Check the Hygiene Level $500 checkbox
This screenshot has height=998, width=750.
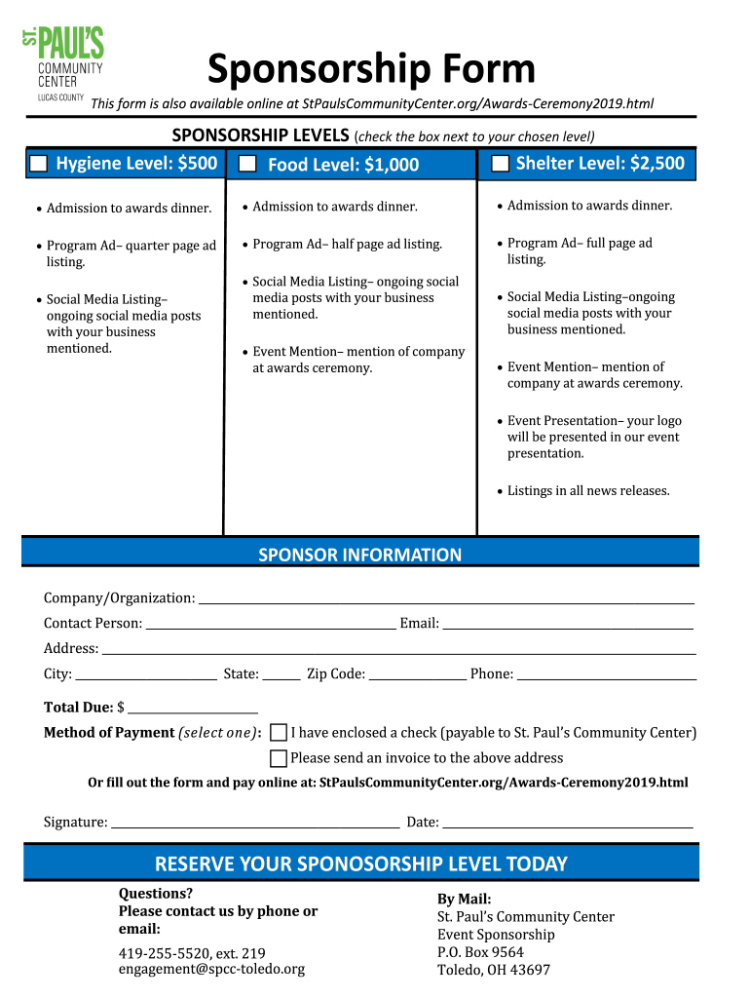click(38, 164)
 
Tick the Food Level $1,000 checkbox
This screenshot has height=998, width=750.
click(247, 164)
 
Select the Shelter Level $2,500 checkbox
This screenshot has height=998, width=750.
click(500, 164)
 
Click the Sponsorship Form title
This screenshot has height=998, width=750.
click(371, 69)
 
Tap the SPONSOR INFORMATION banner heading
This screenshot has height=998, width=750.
click(359, 555)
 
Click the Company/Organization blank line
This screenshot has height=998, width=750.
click(446, 598)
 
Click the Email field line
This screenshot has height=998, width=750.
click(568, 624)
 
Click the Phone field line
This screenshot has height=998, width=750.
click(606, 674)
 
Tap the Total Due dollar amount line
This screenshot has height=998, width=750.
click(193, 708)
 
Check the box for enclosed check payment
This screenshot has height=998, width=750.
click(279, 733)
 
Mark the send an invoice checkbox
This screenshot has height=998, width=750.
click(279, 758)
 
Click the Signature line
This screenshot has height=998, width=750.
click(255, 823)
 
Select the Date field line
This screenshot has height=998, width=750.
click(568, 823)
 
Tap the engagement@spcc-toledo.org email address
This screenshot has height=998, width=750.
click(211, 969)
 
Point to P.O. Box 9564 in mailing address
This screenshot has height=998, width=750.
click(480, 952)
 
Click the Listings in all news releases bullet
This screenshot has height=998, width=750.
click(587, 491)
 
